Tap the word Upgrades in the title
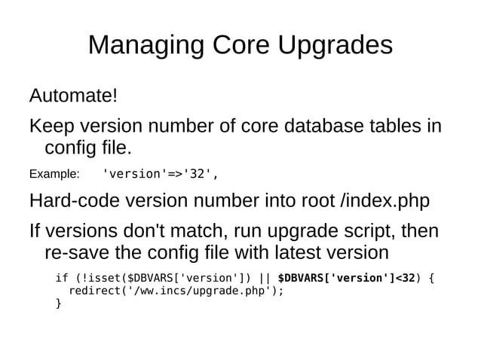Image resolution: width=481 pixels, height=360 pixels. point(335,47)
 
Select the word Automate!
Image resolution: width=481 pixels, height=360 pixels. point(73,96)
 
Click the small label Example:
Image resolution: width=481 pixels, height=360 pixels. point(54,175)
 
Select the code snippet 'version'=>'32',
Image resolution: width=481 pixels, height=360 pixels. point(160,175)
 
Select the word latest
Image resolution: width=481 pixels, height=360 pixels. point(311,252)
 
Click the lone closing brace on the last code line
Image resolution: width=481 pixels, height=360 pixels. point(59,304)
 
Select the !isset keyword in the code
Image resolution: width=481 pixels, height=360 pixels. point(100,278)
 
